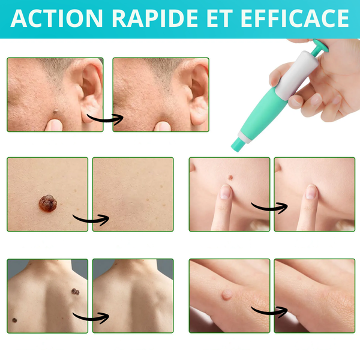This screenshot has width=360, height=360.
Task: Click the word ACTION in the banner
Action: [56, 19]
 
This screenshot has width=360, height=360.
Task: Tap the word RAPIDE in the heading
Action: [155, 19]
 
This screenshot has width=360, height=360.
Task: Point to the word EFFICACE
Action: [295, 19]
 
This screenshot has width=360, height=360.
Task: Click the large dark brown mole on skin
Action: [48, 203]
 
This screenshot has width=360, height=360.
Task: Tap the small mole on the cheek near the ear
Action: [55, 112]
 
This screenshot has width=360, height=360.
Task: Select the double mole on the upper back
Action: [76, 292]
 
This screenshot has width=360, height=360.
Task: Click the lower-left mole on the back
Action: [14, 320]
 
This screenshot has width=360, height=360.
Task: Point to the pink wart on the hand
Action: [227, 295]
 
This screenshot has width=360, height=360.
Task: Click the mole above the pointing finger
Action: [230, 178]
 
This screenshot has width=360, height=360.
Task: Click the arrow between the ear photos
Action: [105, 119]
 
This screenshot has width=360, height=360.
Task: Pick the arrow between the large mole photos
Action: [91, 220]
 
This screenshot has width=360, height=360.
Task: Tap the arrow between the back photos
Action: [91, 318]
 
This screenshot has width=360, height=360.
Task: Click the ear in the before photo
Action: [89, 92]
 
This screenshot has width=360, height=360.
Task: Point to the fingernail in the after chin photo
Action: [311, 192]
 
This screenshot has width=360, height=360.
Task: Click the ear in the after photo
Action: [197, 92]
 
